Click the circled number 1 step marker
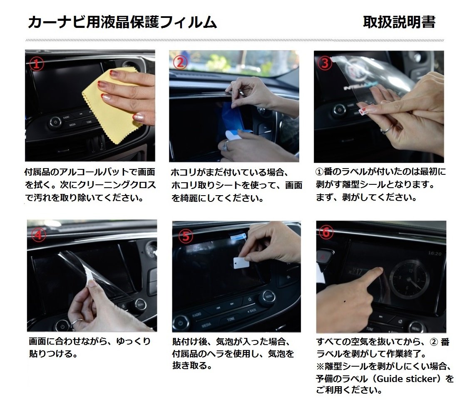36,63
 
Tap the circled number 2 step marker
180,62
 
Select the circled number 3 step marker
325,62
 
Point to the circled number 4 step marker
39,235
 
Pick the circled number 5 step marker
186,236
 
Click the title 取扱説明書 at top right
399,22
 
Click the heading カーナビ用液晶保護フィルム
122,22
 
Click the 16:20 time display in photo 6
434,253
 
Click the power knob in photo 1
55,122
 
